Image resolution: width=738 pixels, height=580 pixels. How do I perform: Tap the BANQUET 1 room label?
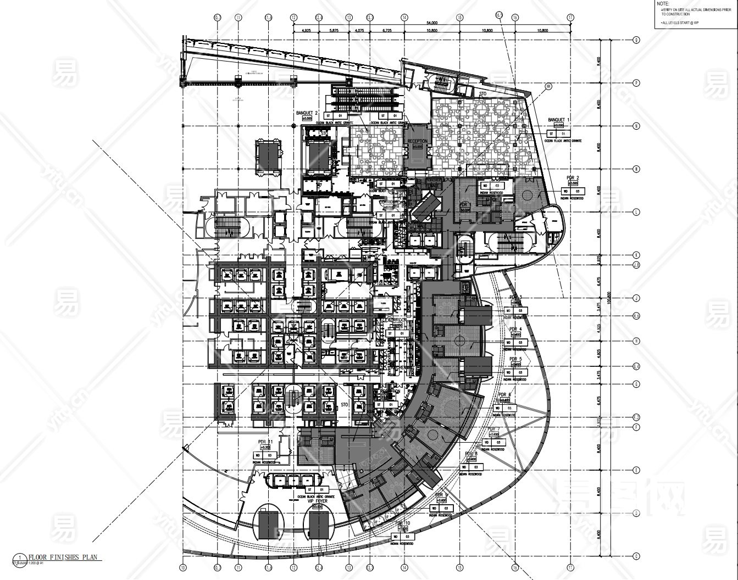[559, 120]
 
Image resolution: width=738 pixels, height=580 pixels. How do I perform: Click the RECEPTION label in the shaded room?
[417, 141]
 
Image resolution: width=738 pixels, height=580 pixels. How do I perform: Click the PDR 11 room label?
[265, 442]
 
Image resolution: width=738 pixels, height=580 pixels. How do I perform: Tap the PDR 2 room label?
[573, 177]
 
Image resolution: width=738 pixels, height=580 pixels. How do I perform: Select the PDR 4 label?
[516, 329]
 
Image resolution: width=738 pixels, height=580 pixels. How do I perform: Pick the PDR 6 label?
[505, 395]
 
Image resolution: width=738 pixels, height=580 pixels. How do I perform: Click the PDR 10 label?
[403, 523]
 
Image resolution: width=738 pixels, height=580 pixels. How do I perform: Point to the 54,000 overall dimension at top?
[432, 23]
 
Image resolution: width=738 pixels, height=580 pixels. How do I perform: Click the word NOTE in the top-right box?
[664, 3]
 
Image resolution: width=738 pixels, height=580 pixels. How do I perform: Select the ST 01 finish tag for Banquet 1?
[557, 133]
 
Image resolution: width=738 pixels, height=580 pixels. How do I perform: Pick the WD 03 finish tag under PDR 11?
[264, 455]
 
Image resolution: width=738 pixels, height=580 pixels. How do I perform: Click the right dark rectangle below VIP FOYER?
[318, 526]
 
